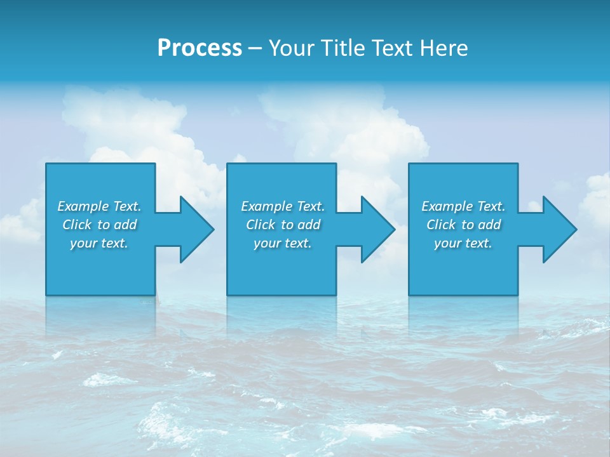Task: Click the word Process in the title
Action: tap(200, 48)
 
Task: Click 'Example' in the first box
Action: tap(83, 206)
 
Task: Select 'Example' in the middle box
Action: tap(267, 206)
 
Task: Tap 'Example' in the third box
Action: tap(447, 206)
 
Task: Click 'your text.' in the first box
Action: tap(99, 243)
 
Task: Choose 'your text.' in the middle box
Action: tap(283, 243)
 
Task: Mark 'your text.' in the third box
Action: tap(463, 243)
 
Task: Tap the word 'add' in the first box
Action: tap(126, 225)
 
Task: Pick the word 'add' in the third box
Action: tap(490, 225)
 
